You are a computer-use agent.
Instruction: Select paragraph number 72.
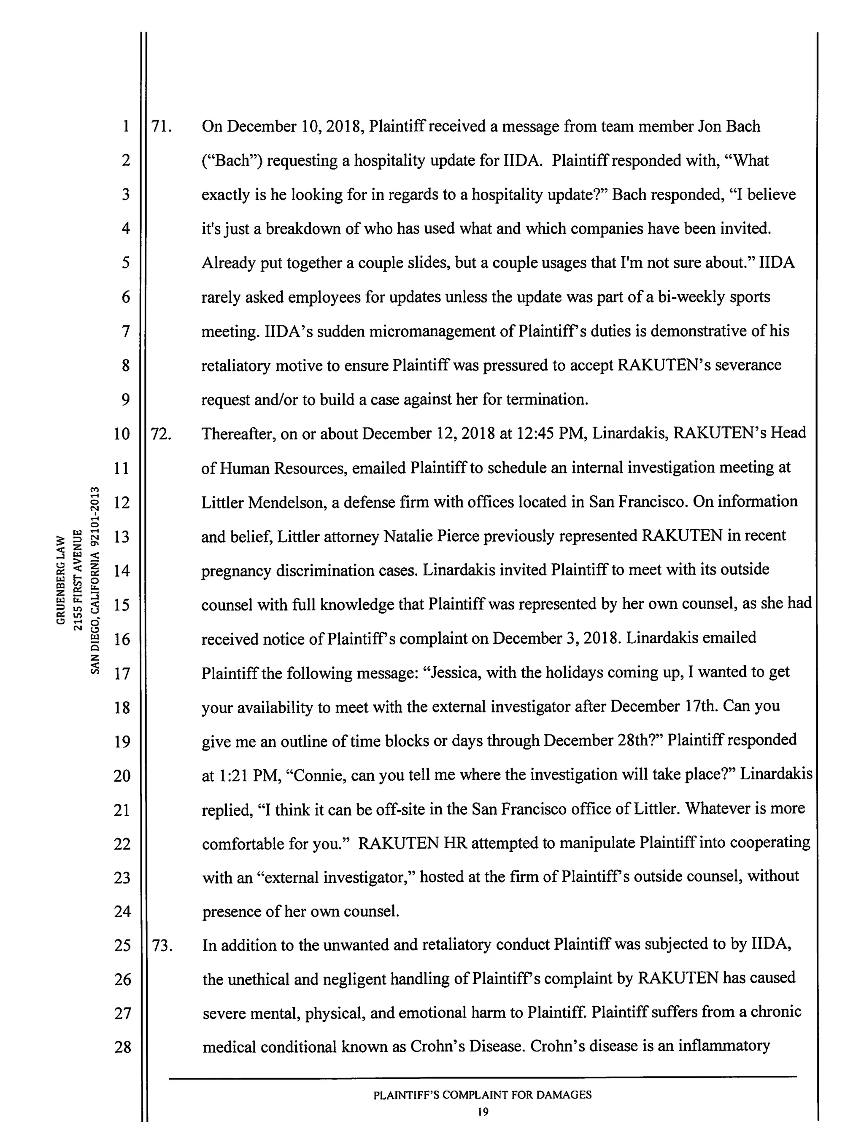click(x=161, y=434)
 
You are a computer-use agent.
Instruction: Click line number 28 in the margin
click(x=122, y=1047)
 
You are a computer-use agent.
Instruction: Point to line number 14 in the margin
click(x=121, y=570)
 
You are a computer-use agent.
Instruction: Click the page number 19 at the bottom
click(x=482, y=1112)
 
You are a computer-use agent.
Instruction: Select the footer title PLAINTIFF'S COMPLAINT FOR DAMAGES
click(x=482, y=1095)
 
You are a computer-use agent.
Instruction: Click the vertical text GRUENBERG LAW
click(x=61, y=580)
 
